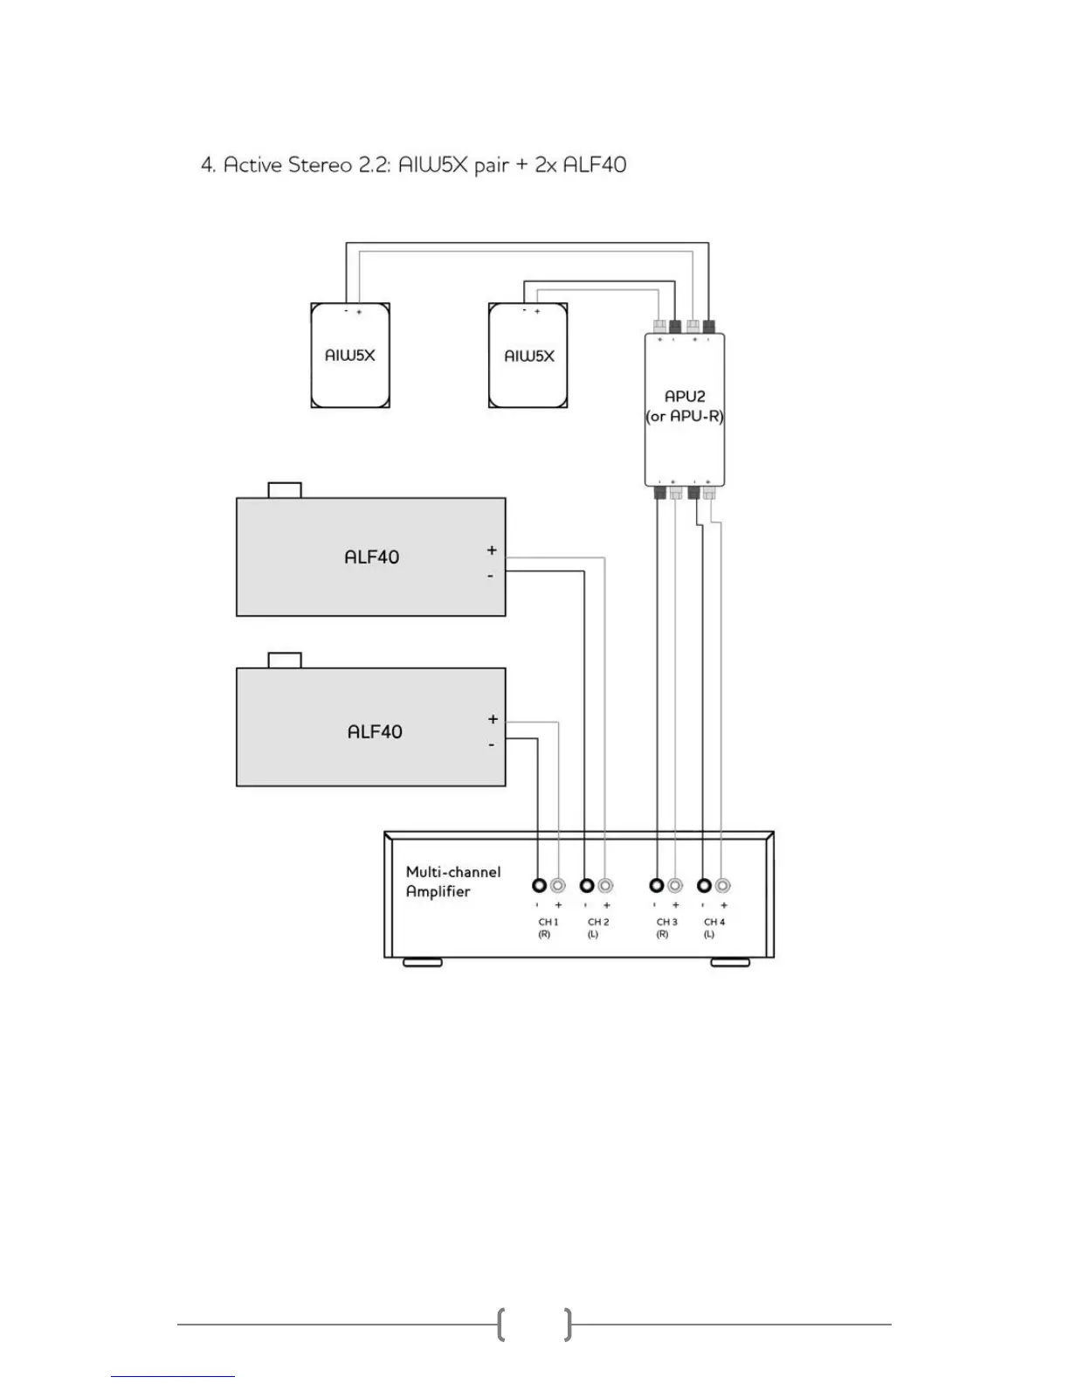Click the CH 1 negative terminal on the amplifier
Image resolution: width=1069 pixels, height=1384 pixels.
pyautogui.click(x=539, y=885)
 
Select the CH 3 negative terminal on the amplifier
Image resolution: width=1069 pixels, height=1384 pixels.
pyautogui.click(x=657, y=885)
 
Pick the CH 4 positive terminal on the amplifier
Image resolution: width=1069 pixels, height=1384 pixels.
pyautogui.click(x=722, y=885)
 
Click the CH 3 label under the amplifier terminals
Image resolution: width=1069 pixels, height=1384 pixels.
pyautogui.click(x=666, y=922)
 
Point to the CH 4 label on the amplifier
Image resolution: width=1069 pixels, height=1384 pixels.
pyautogui.click(x=714, y=922)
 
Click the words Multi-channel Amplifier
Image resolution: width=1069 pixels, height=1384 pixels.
pyautogui.click(x=452, y=882)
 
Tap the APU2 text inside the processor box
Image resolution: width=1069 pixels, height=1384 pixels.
pyautogui.click(x=685, y=397)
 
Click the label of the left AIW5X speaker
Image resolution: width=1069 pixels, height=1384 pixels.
pyautogui.click(x=349, y=356)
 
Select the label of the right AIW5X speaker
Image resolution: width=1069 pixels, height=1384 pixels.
pyautogui.click(x=529, y=356)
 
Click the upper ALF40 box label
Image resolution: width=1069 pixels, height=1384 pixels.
pyautogui.click(x=371, y=557)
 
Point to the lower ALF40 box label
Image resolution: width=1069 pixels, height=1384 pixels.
pyautogui.click(x=375, y=731)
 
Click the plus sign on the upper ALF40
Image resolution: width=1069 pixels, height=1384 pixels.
pyautogui.click(x=492, y=550)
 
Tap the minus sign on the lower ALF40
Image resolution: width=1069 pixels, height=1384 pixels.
pyautogui.click(x=492, y=744)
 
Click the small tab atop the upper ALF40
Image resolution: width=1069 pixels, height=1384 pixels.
pyautogui.click(x=285, y=489)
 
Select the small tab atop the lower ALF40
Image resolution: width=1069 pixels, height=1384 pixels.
pyautogui.click(x=285, y=660)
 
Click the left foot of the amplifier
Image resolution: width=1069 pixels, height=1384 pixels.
pyautogui.click(x=422, y=963)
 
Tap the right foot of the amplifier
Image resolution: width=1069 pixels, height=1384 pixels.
pyautogui.click(x=730, y=963)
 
